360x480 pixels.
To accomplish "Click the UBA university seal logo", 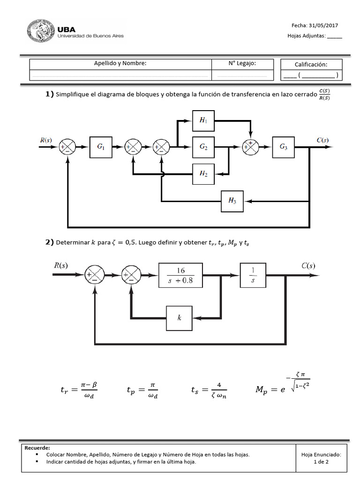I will [x=40, y=31].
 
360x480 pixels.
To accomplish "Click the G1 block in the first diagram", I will [x=101, y=147].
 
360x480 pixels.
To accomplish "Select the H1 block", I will [x=203, y=120].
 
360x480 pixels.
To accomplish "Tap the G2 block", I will [x=203, y=147].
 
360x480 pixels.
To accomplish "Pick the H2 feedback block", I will [x=203, y=173].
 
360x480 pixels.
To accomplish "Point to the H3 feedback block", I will [x=232, y=201].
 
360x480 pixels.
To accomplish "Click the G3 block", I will [x=284, y=147].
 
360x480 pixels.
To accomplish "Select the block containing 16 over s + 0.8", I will [x=180, y=276].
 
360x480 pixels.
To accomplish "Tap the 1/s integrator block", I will [x=253, y=276].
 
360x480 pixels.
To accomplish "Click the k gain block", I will [x=180, y=317].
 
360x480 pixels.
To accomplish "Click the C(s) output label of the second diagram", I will [x=308, y=265].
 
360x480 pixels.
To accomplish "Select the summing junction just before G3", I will [x=250, y=147].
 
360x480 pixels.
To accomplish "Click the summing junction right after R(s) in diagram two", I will [x=94, y=276].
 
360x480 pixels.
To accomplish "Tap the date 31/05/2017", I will [x=323, y=26].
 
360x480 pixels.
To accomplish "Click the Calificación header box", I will [x=311, y=65].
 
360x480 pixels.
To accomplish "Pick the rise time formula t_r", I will [x=79, y=390].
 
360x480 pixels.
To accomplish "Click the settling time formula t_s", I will [x=209, y=390].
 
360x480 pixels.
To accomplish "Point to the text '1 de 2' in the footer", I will [x=321, y=462].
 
